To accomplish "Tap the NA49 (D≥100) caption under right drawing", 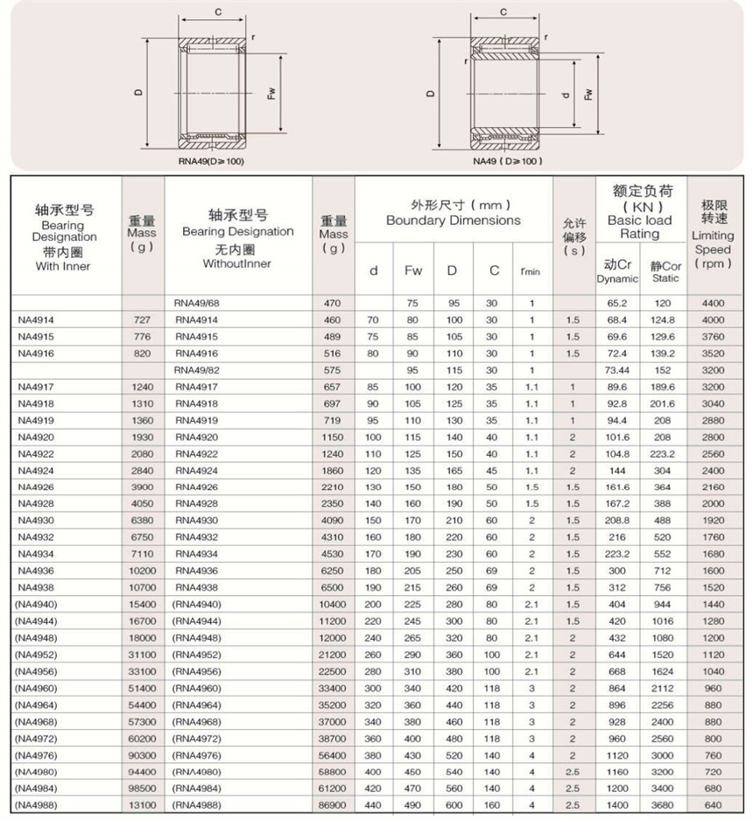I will click(x=508, y=161).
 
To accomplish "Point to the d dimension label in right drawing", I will click(x=566, y=95).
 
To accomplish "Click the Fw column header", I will click(x=413, y=270).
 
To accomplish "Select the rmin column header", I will click(x=531, y=271).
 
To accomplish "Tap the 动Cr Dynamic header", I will click(x=618, y=270).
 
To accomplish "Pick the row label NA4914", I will click(x=36, y=320).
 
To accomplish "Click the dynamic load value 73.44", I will click(x=617, y=370).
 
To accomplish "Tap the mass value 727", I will click(x=142, y=320).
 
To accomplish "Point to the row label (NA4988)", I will click(x=38, y=803).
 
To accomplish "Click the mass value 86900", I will click(x=333, y=803).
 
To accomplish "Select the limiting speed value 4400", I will click(x=714, y=304).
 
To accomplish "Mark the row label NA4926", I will click(x=36, y=487).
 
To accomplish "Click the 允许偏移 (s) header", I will click(x=574, y=235).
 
